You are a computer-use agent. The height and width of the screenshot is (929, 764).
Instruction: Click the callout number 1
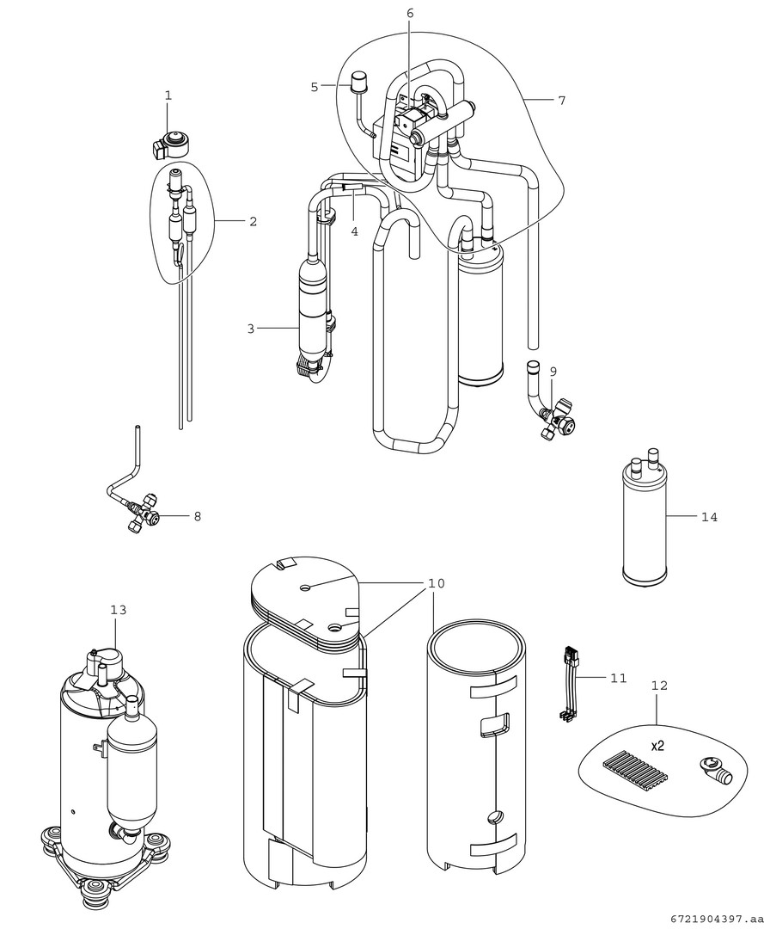click(168, 95)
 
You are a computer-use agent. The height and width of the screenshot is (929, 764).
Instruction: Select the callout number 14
click(709, 517)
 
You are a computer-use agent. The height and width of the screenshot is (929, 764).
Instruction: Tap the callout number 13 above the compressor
click(118, 610)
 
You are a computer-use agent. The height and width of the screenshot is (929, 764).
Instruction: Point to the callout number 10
click(436, 584)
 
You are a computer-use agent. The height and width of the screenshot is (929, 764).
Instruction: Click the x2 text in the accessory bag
click(657, 746)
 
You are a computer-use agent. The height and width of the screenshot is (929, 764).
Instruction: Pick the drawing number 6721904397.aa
click(712, 918)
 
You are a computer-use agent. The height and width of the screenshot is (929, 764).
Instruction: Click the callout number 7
click(561, 101)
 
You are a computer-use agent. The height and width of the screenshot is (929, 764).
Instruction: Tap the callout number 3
click(251, 328)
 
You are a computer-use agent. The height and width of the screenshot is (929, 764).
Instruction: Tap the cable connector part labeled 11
click(567, 684)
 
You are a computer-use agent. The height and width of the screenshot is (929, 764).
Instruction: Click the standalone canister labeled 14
click(644, 525)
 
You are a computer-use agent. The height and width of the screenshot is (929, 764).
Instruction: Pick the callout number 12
click(659, 686)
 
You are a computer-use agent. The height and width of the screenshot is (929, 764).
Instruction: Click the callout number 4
click(354, 231)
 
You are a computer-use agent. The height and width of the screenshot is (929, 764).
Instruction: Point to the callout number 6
click(410, 13)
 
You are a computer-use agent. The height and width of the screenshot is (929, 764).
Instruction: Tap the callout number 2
click(253, 221)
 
